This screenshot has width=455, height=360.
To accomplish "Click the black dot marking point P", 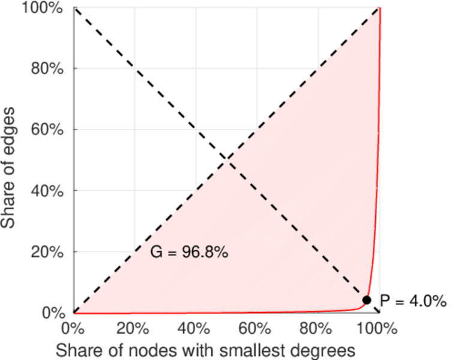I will [x=367, y=300].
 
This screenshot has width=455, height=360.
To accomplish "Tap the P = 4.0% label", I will [x=413, y=301].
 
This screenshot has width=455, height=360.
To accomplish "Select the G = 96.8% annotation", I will [x=189, y=253].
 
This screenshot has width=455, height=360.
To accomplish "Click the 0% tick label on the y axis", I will [x=53, y=313].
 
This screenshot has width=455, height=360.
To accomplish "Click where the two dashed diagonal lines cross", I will [x=226, y=160].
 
